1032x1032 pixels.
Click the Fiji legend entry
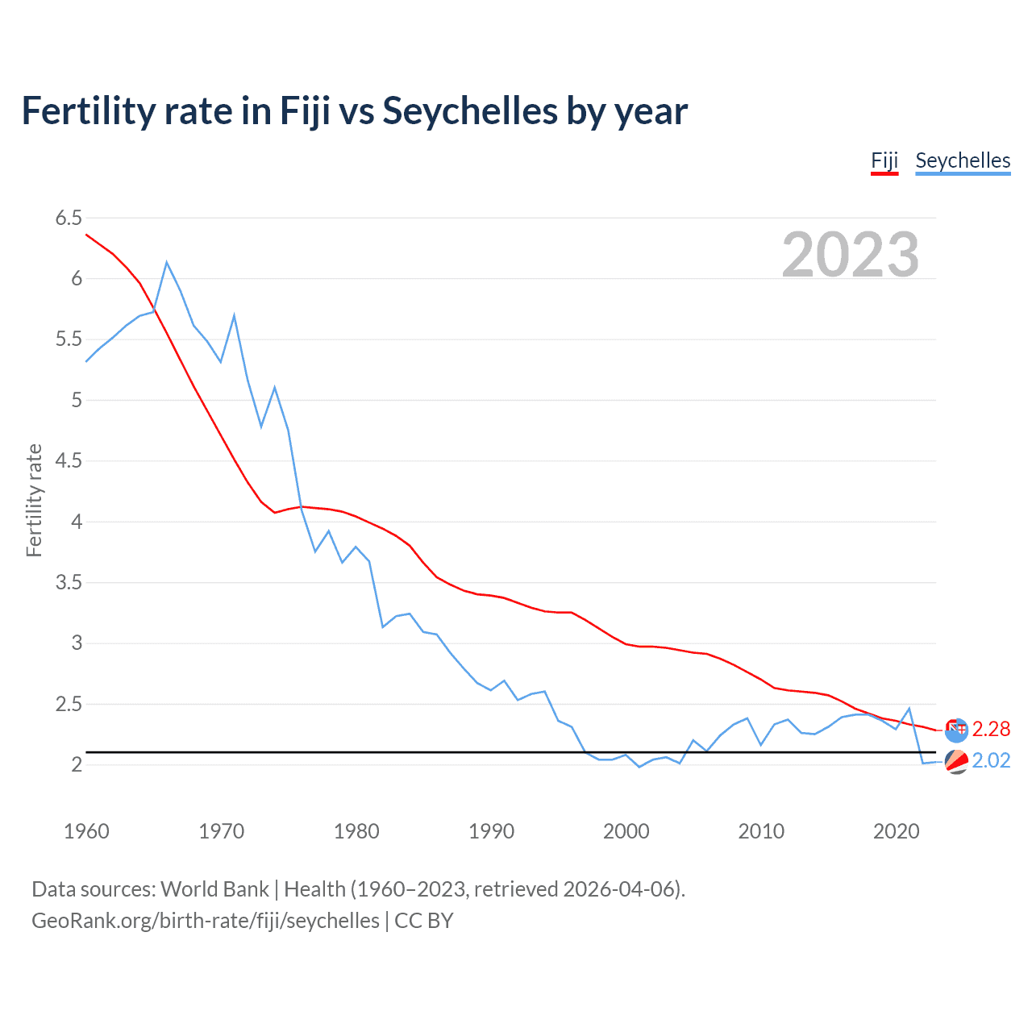(x=884, y=160)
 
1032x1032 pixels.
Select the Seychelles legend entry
(x=963, y=160)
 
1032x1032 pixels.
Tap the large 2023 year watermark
(x=851, y=255)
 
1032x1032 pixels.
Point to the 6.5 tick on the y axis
(x=69, y=218)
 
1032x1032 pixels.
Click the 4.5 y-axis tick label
(x=69, y=460)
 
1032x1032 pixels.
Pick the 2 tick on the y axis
(x=77, y=764)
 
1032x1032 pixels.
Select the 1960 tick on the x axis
(x=86, y=831)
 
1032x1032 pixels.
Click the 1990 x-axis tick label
(x=491, y=831)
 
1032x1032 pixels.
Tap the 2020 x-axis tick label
(x=896, y=831)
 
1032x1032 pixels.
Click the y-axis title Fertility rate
(x=34, y=500)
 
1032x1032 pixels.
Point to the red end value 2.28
(x=991, y=729)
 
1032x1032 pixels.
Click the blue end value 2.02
(x=991, y=761)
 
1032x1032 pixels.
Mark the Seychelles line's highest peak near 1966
(x=167, y=262)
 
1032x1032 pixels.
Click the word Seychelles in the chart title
(x=469, y=111)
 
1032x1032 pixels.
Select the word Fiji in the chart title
(x=306, y=111)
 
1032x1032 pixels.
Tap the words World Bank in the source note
(x=214, y=889)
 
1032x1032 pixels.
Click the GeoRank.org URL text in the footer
(x=205, y=921)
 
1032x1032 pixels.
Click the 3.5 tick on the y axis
(x=69, y=582)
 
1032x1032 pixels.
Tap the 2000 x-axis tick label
(x=626, y=831)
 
